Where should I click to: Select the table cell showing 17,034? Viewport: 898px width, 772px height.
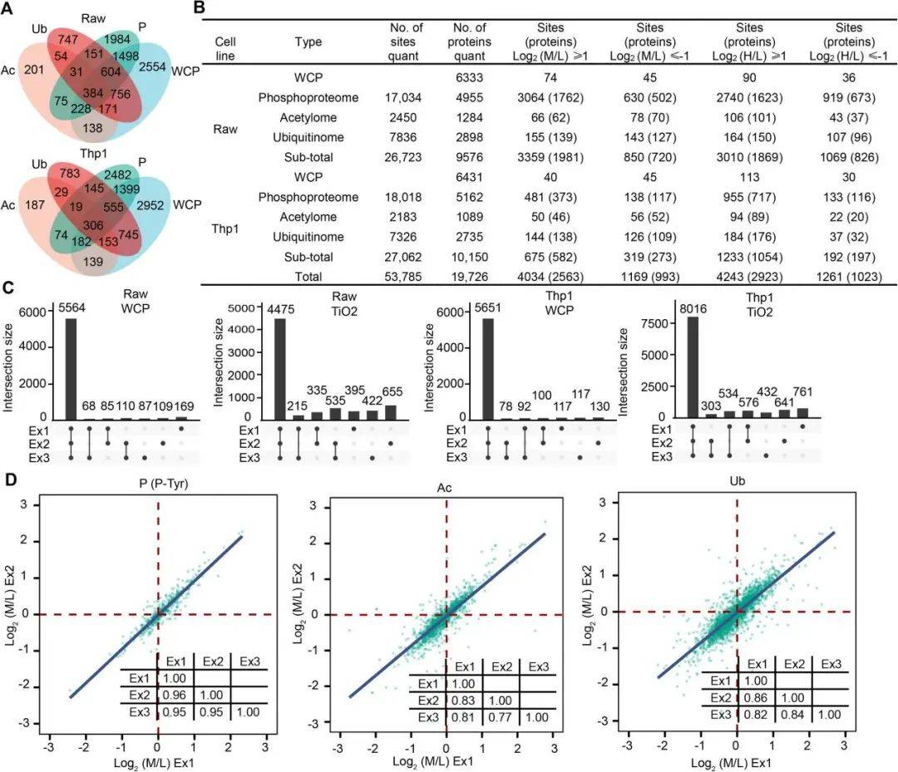407,98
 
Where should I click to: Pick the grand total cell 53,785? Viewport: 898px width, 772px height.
407,277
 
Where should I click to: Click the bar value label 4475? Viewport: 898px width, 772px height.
278,312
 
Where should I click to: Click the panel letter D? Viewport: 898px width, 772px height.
9,481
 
